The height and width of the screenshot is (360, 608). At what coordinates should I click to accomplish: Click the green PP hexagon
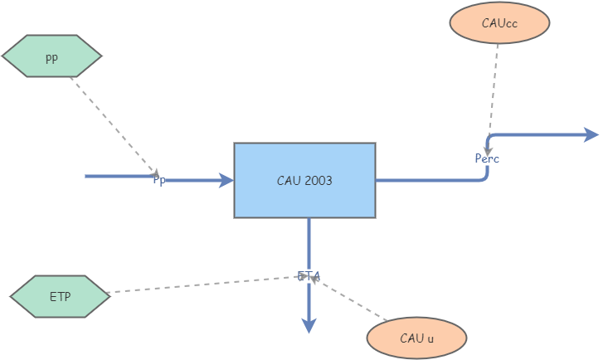[x=51, y=56]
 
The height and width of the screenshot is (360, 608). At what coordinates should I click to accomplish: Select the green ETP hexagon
[x=60, y=296]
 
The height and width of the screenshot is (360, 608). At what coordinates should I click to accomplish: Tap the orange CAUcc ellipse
[x=499, y=23]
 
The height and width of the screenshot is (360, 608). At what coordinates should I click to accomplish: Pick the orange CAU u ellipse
[x=416, y=338]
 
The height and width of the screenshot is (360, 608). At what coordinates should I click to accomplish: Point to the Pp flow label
[x=158, y=180]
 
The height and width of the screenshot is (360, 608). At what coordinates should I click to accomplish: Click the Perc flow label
[x=487, y=158]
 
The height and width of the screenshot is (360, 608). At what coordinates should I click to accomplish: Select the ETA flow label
[x=309, y=275]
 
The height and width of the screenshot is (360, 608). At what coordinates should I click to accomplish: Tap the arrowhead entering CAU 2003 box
[x=226, y=180]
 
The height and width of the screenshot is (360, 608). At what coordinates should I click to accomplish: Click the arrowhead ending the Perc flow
[x=591, y=134]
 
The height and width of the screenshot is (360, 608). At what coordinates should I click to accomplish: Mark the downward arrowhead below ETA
[x=309, y=326]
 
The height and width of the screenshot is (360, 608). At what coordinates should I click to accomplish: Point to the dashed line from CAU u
[x=353, y=300]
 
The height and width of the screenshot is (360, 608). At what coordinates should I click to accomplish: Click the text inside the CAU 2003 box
[x=304, y=180]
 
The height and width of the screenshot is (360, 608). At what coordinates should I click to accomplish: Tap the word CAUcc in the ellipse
[x=499, y=23]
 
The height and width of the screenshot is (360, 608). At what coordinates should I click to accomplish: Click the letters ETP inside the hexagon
[x=60, y=296]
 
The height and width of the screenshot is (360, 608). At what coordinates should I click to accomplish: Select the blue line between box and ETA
[x=309, y=243]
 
